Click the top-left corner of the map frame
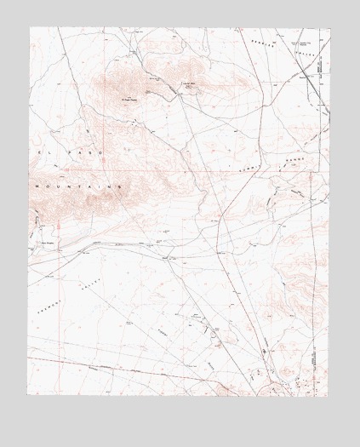29,27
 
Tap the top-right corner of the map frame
329,27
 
